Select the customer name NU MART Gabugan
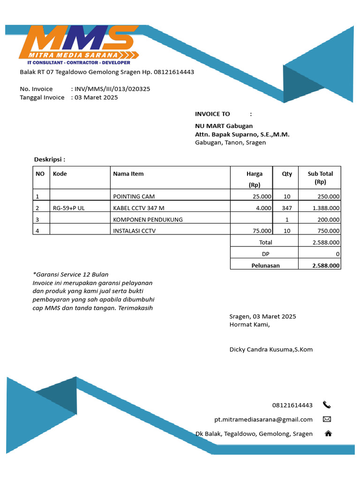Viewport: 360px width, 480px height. pyautogui.click(x=224, y=126)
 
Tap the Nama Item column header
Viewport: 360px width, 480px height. pyautogui.click(x=128, y=173)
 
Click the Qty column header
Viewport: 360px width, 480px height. pyautogui.click(x=287, y=173)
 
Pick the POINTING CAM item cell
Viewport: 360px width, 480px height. pyautogui.click(x=134, y=196)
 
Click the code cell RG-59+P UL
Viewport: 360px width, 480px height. pyautogui.click(x=69, y=208)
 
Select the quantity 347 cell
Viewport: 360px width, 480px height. pyautogui.click(x=287, y=208)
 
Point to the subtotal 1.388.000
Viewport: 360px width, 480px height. pyautogui.click(x=327, y=208)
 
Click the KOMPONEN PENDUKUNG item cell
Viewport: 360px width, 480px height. pyautogui.click(x=148, y=219)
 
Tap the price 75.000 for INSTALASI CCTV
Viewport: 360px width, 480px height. pyautogui.click(x=262, y=231)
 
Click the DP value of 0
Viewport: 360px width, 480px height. pyautogui.click(x=338, y=254)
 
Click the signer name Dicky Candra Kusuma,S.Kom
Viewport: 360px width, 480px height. pyautogui.click(x=271, y=349)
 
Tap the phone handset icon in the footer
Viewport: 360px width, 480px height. pyautogui.click(x=327, y=405)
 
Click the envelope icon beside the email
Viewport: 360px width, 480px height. pyautogui.click(x=327, y=419)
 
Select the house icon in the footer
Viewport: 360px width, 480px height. pyautogui.click(x=328, y=434)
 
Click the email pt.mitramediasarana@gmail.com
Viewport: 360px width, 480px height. pyautogui.click(x=263, y=419)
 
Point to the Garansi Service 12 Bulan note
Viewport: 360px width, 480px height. pyautogui.click(x=70, y=274)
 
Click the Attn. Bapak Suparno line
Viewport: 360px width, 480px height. pyautogui.click(x=242, y=134)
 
